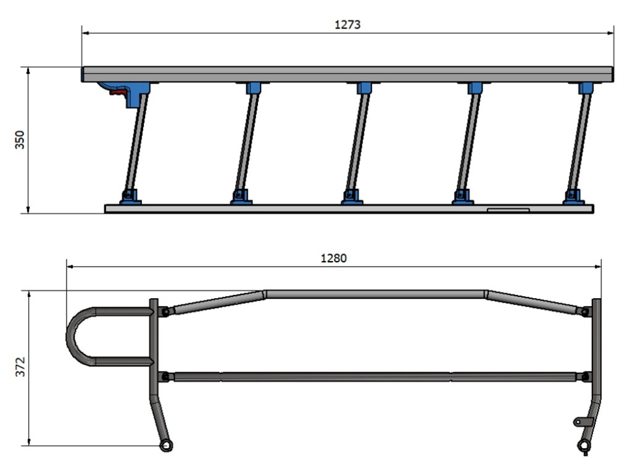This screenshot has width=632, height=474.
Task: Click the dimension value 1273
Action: pyautogui.click(x=347, y=25)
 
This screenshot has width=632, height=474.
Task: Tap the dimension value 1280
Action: pyautogui.click(x=333, y=258)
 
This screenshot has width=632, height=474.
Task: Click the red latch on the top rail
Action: pyautogui.click(x=117, y=93)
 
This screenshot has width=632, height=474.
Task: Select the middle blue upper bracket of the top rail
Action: pyautogui.click(x=364, y=88)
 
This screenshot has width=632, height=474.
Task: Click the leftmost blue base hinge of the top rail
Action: pyautogui.click(x=130, y=197)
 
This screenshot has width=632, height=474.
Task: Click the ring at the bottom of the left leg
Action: pyautogui.click(x=165, y=445)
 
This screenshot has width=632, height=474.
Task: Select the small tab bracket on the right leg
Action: pyautogui.click(x=582, y=422)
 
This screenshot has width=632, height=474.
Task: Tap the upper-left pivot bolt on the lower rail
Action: pyautogui.click(x=165, y=313)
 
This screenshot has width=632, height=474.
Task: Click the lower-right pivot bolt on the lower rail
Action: pyautogui.click(x=584, y=376)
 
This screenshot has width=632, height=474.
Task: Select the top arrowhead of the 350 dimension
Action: pyautogui.click(x=29, y=70)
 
